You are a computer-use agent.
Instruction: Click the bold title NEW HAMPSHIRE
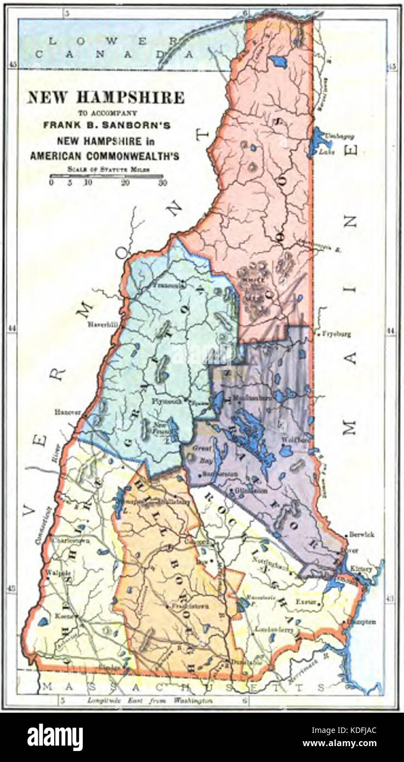pos(106,98)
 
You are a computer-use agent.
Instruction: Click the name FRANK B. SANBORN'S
pos(107,125)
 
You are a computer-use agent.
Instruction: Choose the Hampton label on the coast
pos(363,622)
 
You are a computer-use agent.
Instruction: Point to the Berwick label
pos(362,534)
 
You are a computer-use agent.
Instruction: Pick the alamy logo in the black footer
pos(55,735)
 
